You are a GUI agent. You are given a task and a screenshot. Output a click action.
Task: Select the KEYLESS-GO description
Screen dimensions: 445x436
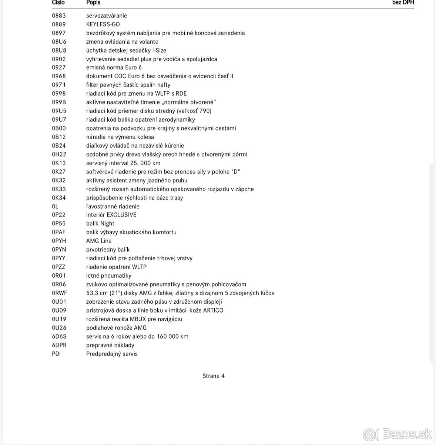[103, 24]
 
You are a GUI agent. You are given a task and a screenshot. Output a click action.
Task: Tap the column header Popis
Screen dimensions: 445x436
[93, 2]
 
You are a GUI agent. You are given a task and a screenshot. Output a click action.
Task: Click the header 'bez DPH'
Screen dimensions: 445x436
[403, 2]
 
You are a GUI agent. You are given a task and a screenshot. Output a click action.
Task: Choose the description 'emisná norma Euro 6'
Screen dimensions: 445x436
[114, 67]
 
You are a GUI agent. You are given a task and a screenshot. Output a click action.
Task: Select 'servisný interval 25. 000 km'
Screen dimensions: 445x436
[123, 163]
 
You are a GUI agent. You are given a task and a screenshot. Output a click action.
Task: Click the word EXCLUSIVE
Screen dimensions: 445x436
[121, 215]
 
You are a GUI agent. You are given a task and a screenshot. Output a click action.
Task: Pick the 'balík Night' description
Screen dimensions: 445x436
[100, 224]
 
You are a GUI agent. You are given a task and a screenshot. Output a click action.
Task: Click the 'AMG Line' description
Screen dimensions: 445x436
[99, 241]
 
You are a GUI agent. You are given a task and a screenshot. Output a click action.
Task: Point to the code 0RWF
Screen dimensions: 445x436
[59, 293]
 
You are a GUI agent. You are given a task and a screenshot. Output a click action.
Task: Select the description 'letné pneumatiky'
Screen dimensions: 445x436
[108, 276]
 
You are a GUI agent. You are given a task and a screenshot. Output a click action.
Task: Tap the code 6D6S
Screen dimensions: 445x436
[59, 336]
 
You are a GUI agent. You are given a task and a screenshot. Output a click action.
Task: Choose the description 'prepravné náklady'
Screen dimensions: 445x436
[110, 345]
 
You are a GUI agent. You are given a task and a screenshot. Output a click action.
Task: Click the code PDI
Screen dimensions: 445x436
[56, 354]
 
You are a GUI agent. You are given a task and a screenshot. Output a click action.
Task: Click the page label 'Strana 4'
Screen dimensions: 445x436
[213, 376]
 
